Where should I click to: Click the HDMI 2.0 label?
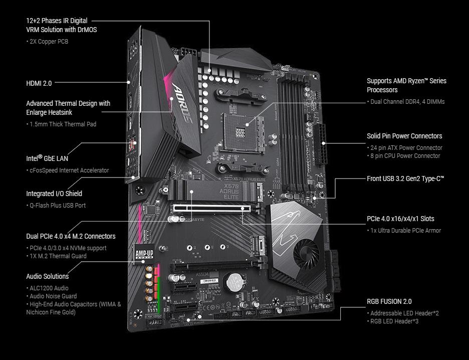(x=39, y=83)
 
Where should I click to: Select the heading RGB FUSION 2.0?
(x=389, y=301)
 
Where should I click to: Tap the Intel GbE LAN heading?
(x=47, y=158)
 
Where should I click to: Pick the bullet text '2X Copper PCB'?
(x=47, y=42)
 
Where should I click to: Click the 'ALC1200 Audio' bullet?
(x=48, y=288)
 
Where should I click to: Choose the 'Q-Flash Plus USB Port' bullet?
(x=57, y=205)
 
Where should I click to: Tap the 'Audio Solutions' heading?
(x=47, y=276)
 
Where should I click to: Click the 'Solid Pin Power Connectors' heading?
(x=404, y=136)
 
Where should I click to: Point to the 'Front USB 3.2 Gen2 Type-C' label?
(x=405, y=178)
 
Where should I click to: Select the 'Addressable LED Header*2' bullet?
(x=404, y=313)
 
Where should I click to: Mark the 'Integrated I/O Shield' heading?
(x=54, y=194)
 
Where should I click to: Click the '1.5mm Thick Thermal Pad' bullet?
(x=62, y=124)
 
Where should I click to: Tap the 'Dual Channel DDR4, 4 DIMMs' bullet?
(x=406, y=102)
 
